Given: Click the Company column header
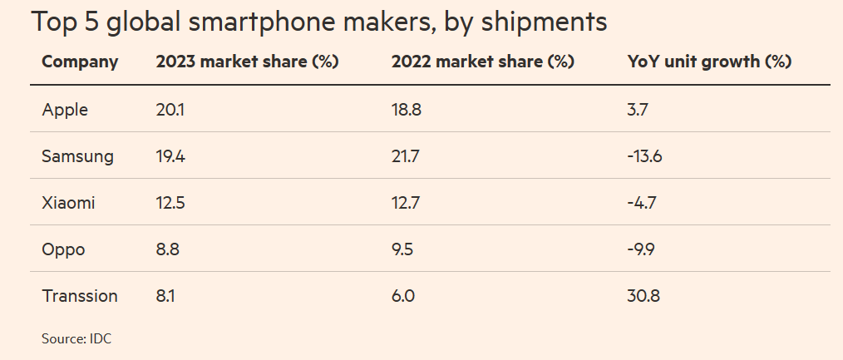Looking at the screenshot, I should pyautogui.click(x=80, y=62).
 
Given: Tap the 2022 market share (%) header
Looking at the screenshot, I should pyautogui.click(x=482, y=62).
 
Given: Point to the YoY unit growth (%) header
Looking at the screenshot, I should pyautogui.click(x=708, y=62).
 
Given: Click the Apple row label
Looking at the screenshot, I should pyautogui.click(x=65, y=109).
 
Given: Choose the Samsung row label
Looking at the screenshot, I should pyautogui.click(x=77, y=155).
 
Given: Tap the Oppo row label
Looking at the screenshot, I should pyautogui.click(x=62, y=249).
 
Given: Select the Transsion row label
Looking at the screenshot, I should pyautogui.click(x=80, y=295).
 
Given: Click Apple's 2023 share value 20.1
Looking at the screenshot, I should pyautogui.click(x=171, y=109).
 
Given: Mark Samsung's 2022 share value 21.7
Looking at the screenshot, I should pyautogui.click(x=406, y=155).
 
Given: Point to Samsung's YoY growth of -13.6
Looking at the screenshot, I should pyautogui.click(x=645, y=155).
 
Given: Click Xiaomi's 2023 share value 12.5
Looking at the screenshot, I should pyautogui.click(x=171, y=202).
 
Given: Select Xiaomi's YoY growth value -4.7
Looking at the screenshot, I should pyautogui.click(x=642, y=202).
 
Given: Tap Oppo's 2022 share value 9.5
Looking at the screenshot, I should pyautogui.click(x=403, y=249).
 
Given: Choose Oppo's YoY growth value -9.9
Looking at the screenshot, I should pyautogui.click(x=642, y=249).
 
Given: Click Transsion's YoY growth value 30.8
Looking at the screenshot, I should pyautogui.click(x=643, y=295).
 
